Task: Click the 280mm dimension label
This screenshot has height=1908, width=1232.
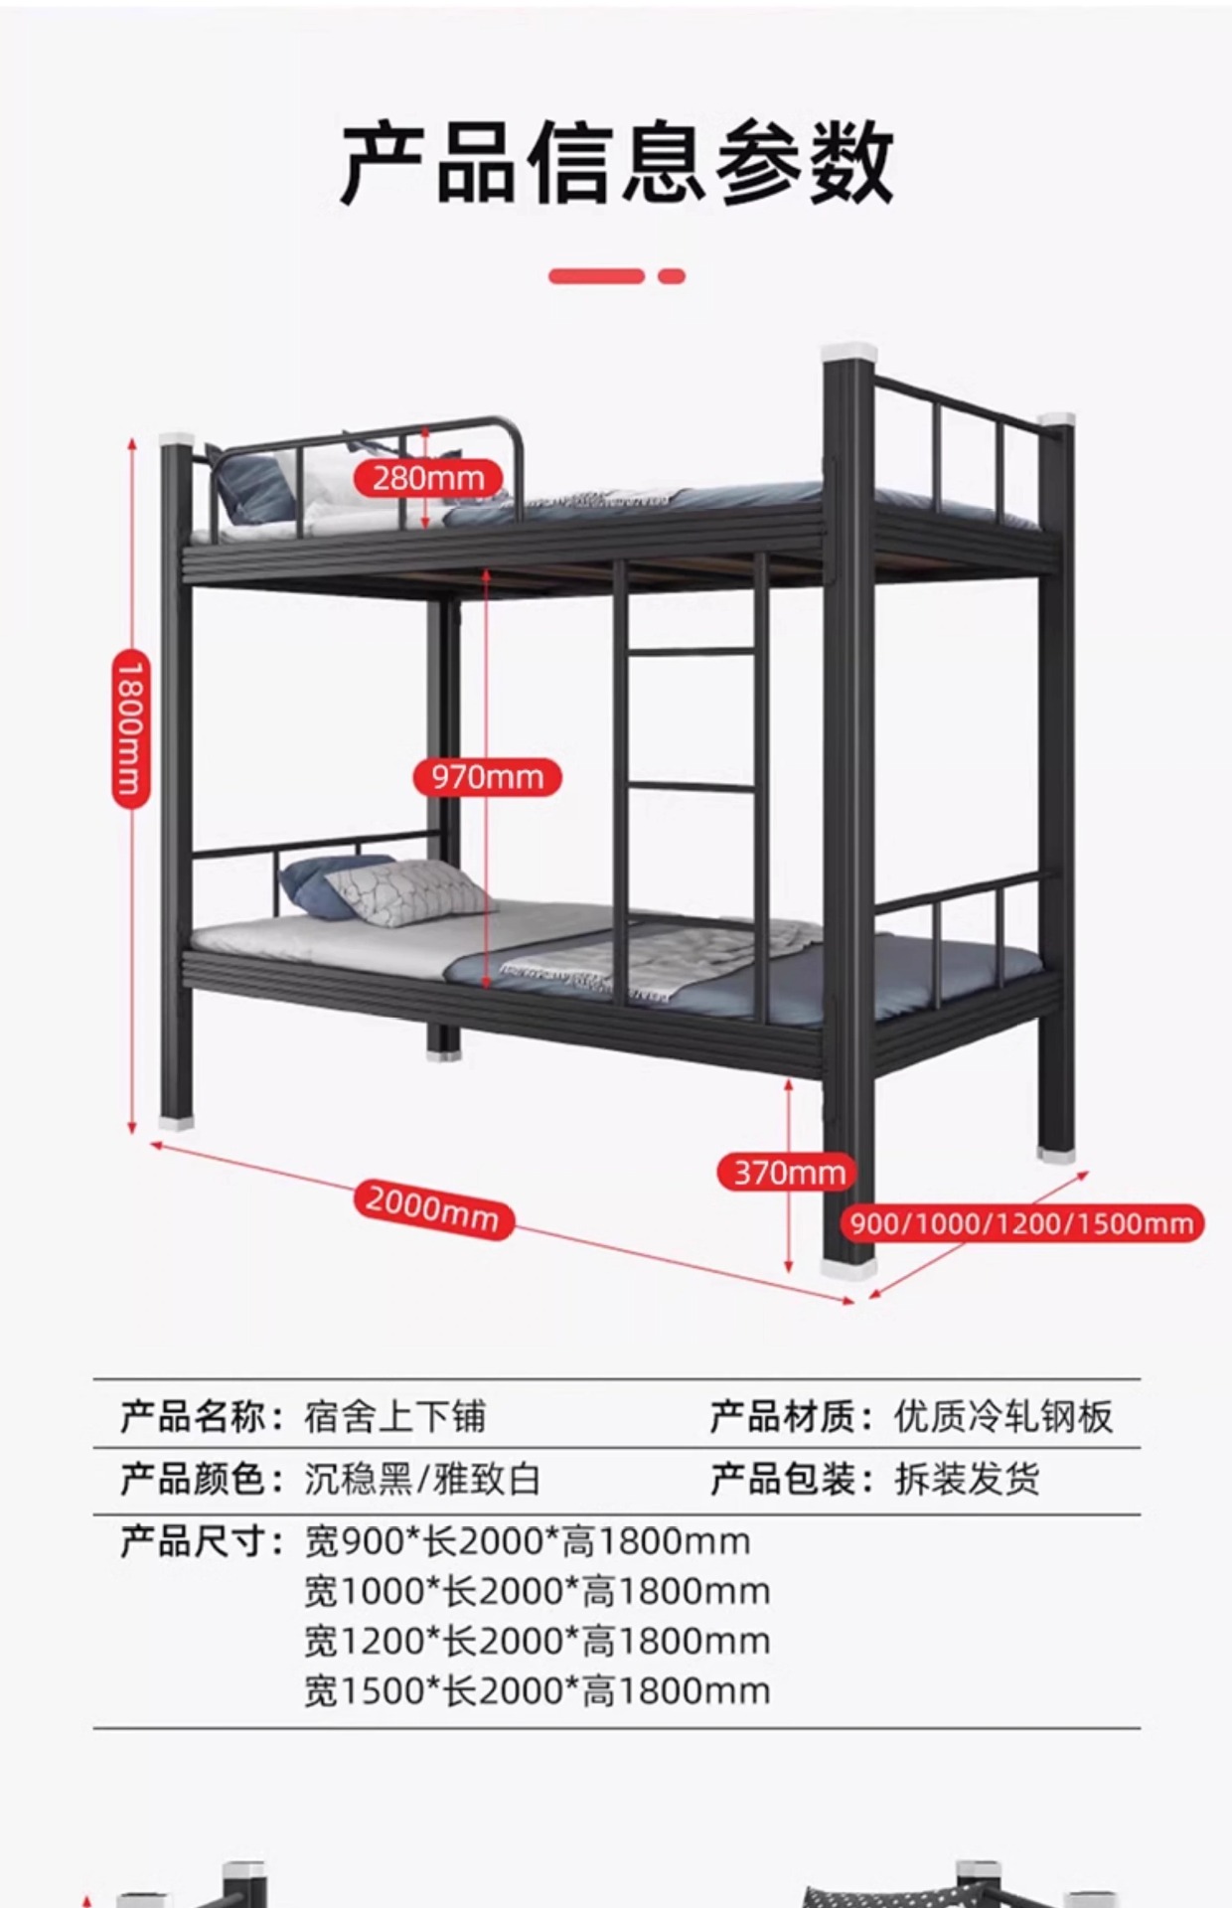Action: pos(428,478)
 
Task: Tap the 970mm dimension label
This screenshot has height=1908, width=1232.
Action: pos(487,777)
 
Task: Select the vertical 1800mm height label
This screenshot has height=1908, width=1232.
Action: pos(130,728)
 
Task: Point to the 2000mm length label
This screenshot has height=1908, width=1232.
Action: pos(433,1208)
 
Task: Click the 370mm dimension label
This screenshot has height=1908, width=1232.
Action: pos(788,1173)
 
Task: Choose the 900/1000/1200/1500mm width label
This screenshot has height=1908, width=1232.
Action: pos(1022,1223)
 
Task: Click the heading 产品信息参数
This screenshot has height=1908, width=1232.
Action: pos(616,163)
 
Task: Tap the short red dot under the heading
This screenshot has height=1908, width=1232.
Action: pos(672,276)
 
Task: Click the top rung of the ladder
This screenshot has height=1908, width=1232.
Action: pos(692,652)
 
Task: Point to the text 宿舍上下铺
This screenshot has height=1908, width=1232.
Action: pos(394,1416)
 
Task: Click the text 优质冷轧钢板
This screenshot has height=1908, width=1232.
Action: pos(1002,1416)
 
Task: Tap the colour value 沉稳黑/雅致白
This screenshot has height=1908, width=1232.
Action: pos(422,1480)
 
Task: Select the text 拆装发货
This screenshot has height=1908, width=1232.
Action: pos(967,1480)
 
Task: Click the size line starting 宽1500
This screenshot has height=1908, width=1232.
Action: pos(537,1690)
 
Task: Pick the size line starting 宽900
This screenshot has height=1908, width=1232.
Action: pos(527,1541)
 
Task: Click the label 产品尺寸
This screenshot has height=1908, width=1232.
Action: pos(195,1541)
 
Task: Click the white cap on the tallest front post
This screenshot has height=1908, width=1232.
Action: pos(848,352)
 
